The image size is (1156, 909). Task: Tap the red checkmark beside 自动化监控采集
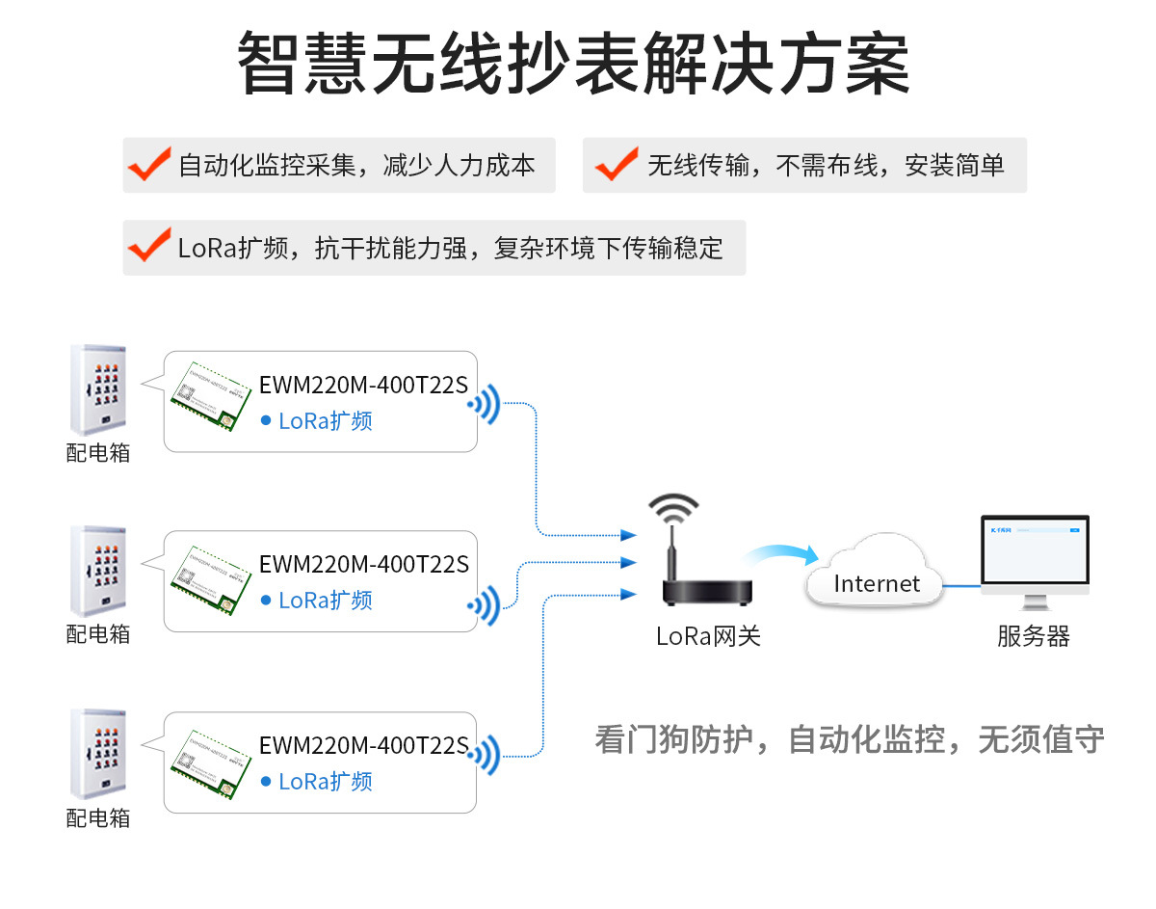click(150, 165)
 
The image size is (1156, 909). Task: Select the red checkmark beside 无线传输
click(617, 165)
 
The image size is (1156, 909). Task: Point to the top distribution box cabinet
click(98, 390)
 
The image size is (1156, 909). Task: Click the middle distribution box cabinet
click(98, 571)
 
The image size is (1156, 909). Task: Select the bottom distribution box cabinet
click(98, 754)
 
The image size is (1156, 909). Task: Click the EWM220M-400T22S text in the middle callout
click(364, 564)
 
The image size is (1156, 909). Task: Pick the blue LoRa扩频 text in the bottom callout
click(325, 782)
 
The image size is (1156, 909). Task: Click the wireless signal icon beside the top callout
click(485, 405)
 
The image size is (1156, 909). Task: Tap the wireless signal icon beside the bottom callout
click(485, 755)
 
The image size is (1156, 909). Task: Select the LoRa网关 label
click(708, 637)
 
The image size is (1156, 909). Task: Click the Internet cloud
click(876, 575)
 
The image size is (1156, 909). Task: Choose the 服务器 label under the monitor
click(1034, 637)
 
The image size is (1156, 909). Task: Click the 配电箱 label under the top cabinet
click(98, 453)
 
